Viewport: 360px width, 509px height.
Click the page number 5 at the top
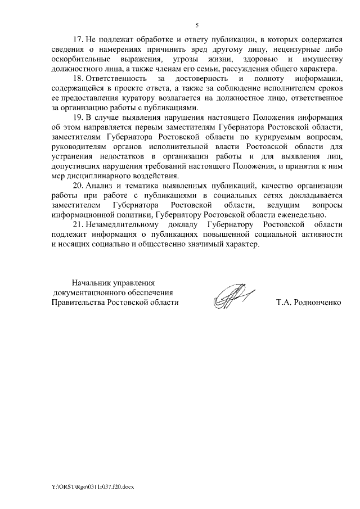coord(197,25)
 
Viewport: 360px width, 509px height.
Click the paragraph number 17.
coord(78,40)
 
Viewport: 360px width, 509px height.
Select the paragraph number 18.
coord(78,79)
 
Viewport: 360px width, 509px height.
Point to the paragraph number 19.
coord(78,117)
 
